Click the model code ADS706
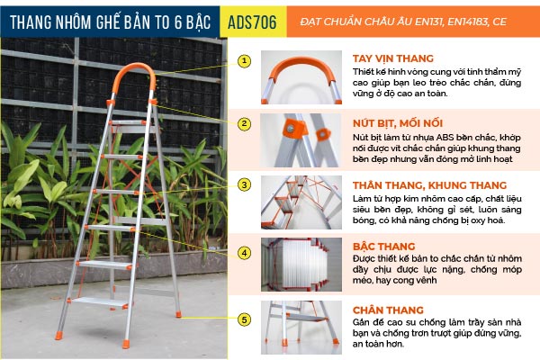(x=252, y=22)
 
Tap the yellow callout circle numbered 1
(x=244, y=61)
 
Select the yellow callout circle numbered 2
(x=244, y=123)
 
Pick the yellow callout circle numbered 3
(x=244, y=185)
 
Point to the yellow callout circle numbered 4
(x=244, y=253)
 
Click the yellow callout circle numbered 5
(x=244, y=319)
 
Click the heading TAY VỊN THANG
(x=393, y=58)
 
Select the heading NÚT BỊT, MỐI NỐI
(x=398, y=123)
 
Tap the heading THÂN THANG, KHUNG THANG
(x=429, y=185)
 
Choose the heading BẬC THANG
(x=383, y=247)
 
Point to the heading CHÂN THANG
(x=388, y=310)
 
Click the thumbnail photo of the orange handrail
(x=301, y=77)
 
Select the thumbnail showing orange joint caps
(x=301, y=140)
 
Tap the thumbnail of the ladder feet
(x=301, y=328)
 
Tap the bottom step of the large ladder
(x=99, y=301)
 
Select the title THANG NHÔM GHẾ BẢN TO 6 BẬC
(x=110, y=22)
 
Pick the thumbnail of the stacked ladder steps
(x=301, y=265)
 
